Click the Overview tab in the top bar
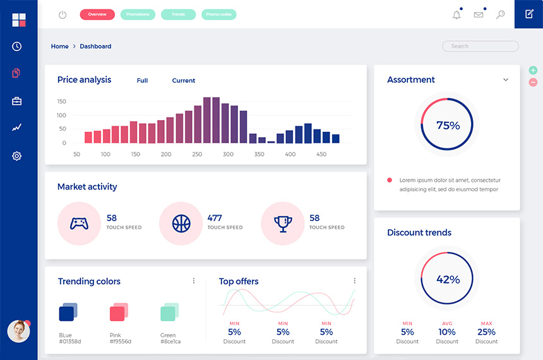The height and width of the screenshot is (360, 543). click(97, 15)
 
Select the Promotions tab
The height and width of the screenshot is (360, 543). click(138, 15)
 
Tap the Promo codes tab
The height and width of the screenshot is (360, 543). click(218, 15)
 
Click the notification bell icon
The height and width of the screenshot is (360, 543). click(456, 15)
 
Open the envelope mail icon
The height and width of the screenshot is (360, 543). click(479, 15)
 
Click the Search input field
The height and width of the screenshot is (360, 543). click(480, 46)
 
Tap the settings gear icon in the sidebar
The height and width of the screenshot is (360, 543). click(17, 156)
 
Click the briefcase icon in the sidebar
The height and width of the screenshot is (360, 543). click(17, 101)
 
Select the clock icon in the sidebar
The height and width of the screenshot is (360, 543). click(17, 46)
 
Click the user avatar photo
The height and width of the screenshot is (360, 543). click(18, 331)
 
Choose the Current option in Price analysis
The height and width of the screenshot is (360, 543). click(184, 81)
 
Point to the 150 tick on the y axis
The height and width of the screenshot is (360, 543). click(62, 102)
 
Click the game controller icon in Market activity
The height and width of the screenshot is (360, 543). click(79, 223)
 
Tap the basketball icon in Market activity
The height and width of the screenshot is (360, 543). click(181, 223)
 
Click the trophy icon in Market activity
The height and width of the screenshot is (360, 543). click(283, 223)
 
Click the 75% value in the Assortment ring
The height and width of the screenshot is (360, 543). click(448, 125)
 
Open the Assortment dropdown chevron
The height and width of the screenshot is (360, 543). click(506, 80)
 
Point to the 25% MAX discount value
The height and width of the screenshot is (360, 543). click(486, 332)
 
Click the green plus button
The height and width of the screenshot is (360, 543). click(533, 71)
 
